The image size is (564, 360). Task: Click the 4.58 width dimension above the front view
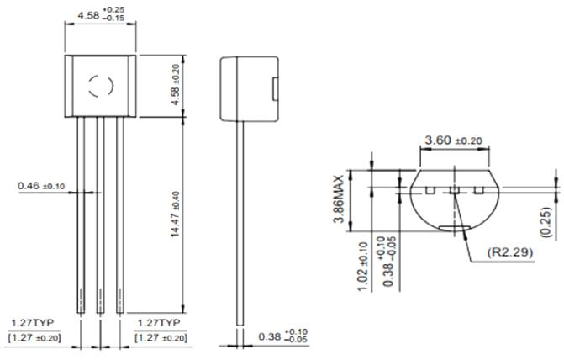pos(100,15)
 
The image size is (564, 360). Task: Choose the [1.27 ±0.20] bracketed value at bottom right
pos(161,337)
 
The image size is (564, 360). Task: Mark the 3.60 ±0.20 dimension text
pos(454,140)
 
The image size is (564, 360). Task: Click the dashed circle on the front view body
pos(101,86)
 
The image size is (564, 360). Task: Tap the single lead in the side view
pos(242,219)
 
